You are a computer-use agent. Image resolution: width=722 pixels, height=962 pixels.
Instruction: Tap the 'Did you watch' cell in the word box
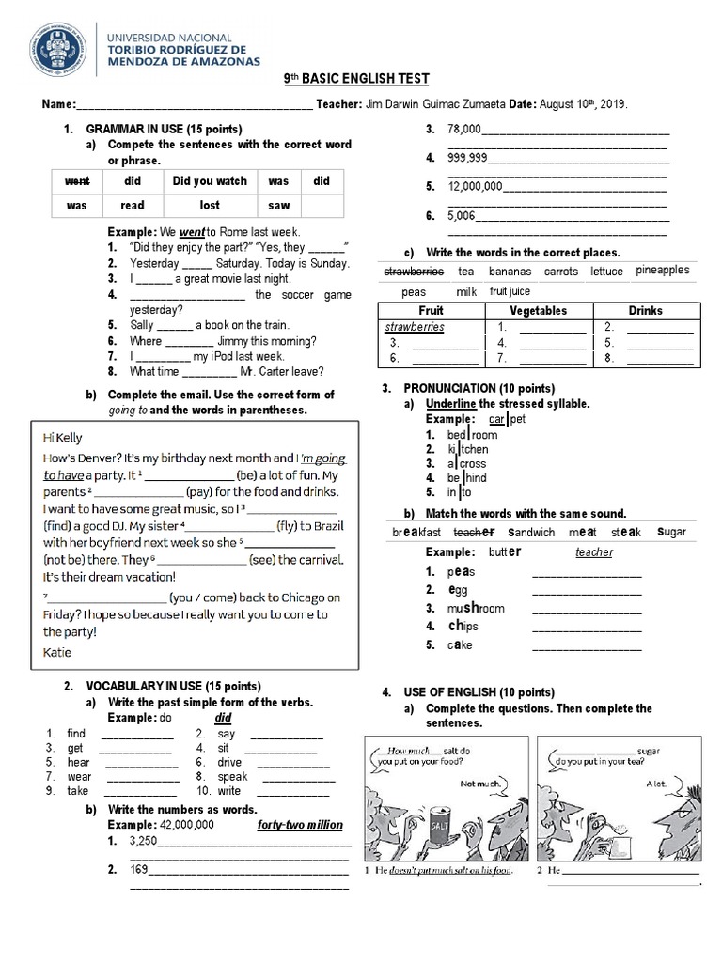tap(210, 180)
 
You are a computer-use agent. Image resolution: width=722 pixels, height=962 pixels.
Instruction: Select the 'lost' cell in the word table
tap(210, 205)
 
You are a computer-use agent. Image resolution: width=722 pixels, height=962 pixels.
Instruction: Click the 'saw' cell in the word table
tap(278, 205)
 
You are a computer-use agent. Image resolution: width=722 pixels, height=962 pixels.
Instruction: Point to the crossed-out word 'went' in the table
tap(76, 180)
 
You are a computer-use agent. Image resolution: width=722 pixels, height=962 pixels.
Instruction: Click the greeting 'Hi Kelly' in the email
tap(63, 438)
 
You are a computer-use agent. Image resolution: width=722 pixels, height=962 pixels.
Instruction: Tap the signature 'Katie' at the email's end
tap(57, 651)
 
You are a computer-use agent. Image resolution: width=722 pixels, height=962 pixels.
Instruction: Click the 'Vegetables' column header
tap(538, 310)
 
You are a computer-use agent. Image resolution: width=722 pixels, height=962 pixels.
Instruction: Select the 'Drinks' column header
tap(645, 310)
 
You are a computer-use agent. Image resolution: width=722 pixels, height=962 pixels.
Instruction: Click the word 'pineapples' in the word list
tap(662, 271)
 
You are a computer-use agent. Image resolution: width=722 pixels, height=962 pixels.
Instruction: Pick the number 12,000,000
tap(476, 186)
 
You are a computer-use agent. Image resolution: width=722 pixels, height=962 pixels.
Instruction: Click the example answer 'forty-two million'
tap(300, 825)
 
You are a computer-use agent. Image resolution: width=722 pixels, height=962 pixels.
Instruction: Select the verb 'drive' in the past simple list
tap(229, 763)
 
